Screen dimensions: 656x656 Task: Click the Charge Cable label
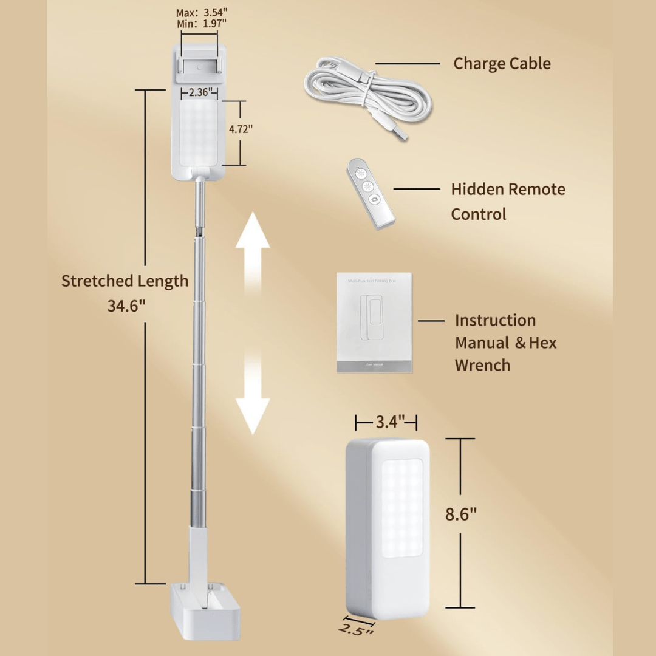point(502,64)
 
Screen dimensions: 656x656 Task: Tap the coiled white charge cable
point(367,91)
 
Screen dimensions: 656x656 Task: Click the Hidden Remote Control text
point(508,201)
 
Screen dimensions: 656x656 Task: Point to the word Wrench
point(482,365)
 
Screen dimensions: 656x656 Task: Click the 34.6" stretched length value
point(126,306)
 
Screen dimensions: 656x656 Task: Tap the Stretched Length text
point(125,281)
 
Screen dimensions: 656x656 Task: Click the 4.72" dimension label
point(240,129)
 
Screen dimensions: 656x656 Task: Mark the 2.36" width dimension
point(200,92)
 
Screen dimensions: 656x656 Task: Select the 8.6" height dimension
point(461,514)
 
